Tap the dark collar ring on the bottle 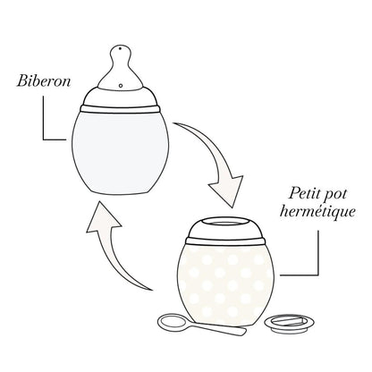(x=121, y=108)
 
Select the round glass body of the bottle (x=121, y=143)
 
